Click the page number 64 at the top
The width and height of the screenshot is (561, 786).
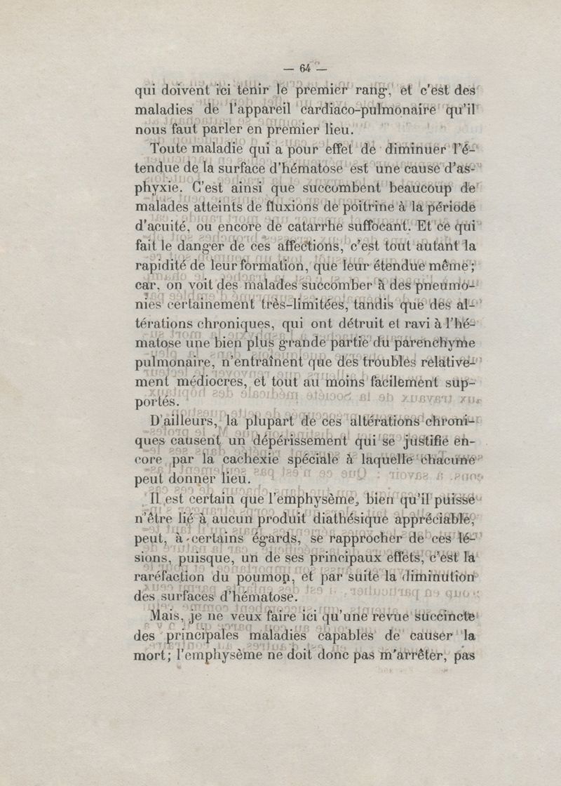point(304,68)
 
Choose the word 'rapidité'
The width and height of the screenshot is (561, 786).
point(161,268)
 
